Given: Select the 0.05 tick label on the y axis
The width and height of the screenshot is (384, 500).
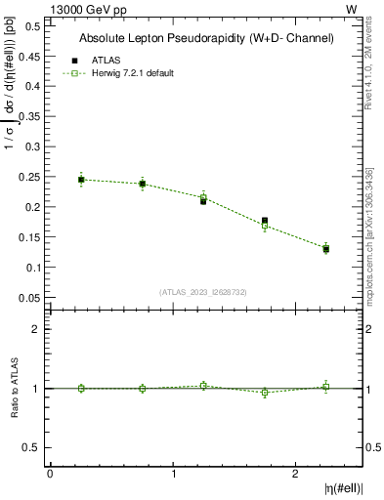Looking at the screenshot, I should pyautogui.click(x=29, y=297).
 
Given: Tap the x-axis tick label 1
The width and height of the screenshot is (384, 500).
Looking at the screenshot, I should pyautogui.click(x=174, y=474).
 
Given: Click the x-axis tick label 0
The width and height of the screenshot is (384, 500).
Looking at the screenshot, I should pyautogui.click(x=50, y=474).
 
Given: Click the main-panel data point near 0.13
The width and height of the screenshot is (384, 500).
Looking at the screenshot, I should pyautogui.click(x=326, y=249).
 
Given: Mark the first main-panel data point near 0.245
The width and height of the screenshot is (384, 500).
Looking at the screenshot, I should pyautogui.click(x=81, y=180).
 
